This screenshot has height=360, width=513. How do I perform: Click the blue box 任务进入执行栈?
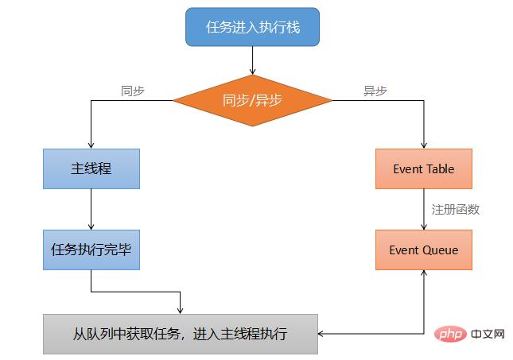coord(252,27)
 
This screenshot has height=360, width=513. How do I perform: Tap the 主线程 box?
coord(91,168)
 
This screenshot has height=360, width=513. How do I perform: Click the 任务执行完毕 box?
coord(91,250)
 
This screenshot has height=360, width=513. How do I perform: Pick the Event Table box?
coord(423,168)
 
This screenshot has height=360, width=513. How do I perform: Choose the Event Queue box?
coord(423,250)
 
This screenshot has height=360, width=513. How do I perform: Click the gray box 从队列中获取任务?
coord(181,334)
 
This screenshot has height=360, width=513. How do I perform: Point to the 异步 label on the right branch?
coord(375,91)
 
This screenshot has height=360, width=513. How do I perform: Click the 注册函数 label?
coord(456,210)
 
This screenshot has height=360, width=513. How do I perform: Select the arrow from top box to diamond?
coord(252,60)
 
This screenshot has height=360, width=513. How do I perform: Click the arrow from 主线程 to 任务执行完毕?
coord(91,209)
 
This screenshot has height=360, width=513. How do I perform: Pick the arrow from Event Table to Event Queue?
coord(423,209)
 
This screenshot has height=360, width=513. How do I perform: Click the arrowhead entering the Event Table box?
coord(423,145)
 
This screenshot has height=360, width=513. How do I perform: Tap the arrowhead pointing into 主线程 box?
coord(91,145)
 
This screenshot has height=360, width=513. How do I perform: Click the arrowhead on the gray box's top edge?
coord(181,309)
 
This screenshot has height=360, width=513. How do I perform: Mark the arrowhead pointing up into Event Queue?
coord(423,273)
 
